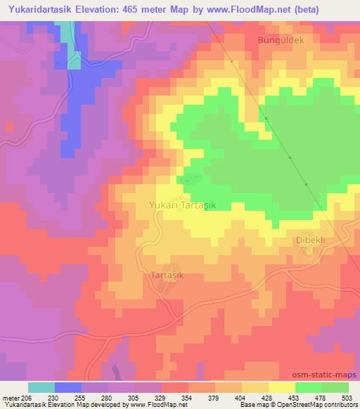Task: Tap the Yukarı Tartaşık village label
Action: pyautogui.click(x=182, y=204)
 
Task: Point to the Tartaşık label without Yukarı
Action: pyautogui.click(x=167, y=275)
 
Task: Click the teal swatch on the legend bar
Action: pyautogui.click(x=41, y=387)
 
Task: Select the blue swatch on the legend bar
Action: pyautogui.click(x=68, y=387)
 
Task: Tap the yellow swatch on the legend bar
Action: pyautogui.click(x=282, y=387)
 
